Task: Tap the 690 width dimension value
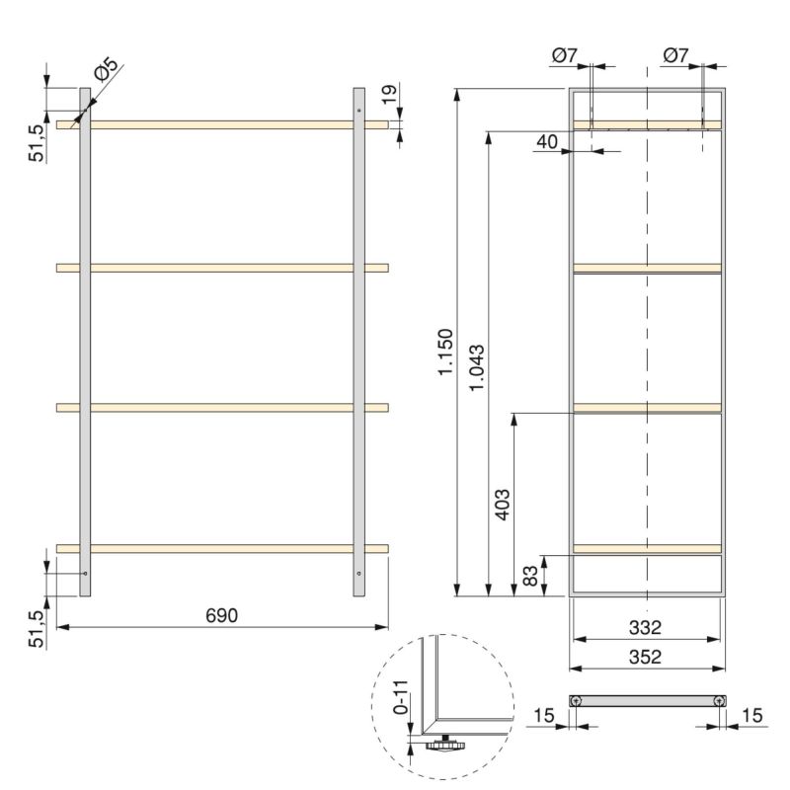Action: tap(221, 614)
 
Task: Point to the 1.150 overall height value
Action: tap(445, 353)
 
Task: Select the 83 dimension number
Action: tap(529, 576)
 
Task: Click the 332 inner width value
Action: tap(644, 627)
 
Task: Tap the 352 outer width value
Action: tap(644, 656)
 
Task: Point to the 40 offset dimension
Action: tap(546, 142)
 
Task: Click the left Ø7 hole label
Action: tap(565, 56)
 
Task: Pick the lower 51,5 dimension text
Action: tap(36, 628)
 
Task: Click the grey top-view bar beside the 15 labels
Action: tap(647, 700)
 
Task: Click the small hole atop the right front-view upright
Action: tap(359, 110)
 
